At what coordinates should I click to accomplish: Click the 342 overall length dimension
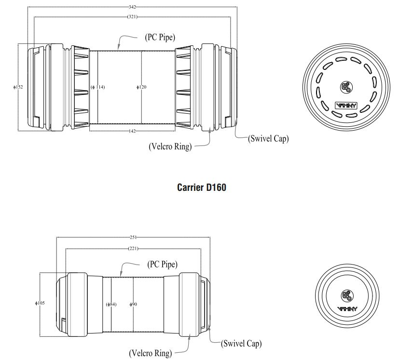click(132, 7)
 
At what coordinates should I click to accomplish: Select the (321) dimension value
click(132, 17)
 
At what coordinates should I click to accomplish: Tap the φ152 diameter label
click(18, 87)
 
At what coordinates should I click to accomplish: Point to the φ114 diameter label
click(98, 87)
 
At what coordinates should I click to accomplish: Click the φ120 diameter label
click(141, 87)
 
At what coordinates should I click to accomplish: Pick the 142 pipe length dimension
click(132, 131)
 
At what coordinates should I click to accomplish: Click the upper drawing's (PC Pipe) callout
click(160, 37)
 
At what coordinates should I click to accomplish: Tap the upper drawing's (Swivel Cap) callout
click(268, 139)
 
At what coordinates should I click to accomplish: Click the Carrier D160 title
click(201, 187)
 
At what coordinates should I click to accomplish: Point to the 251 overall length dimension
click(133, 237)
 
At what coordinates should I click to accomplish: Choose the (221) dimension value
click(133, 248)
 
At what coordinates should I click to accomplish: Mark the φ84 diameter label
click(111, 304)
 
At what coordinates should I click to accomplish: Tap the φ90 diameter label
click(133, 304)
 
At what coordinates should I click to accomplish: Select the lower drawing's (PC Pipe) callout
click(162, 265)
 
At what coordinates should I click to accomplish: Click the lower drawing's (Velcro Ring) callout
click(150, 353)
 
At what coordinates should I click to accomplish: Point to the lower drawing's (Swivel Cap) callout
click(241, 344)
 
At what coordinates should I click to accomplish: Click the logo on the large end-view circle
click(345, 106)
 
